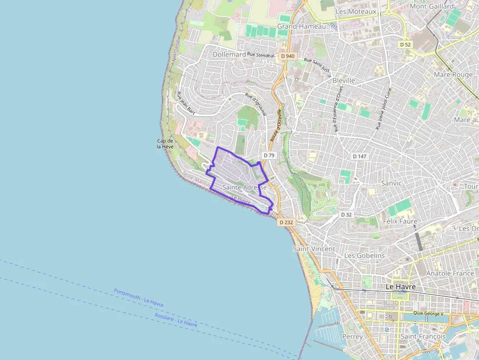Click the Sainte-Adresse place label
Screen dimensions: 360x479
click(244, 188)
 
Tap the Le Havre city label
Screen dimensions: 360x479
click(401, 287)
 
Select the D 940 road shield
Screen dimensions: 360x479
click(288, 56)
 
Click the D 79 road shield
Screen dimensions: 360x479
click(269, 155)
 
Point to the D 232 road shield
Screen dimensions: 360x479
click(286, 222)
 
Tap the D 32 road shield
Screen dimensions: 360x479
click(346, 214)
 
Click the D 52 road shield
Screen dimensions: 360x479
click(405, 44)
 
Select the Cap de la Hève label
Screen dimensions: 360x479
click(165, 144)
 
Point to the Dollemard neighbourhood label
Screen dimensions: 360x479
click(229, 55)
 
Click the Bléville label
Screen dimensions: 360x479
click(343, 80)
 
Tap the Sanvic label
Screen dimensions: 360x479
click(391, 183)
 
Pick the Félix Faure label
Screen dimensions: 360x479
click(400, 221)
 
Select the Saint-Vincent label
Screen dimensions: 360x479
click(314, 249)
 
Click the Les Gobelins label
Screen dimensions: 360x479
click(365, 255)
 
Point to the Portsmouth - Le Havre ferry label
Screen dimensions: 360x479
click(139, 297)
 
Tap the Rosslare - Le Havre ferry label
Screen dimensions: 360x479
click(176, 319)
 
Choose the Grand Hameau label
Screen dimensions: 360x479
click(301, 26)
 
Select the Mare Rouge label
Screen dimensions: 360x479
click(453, 75)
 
